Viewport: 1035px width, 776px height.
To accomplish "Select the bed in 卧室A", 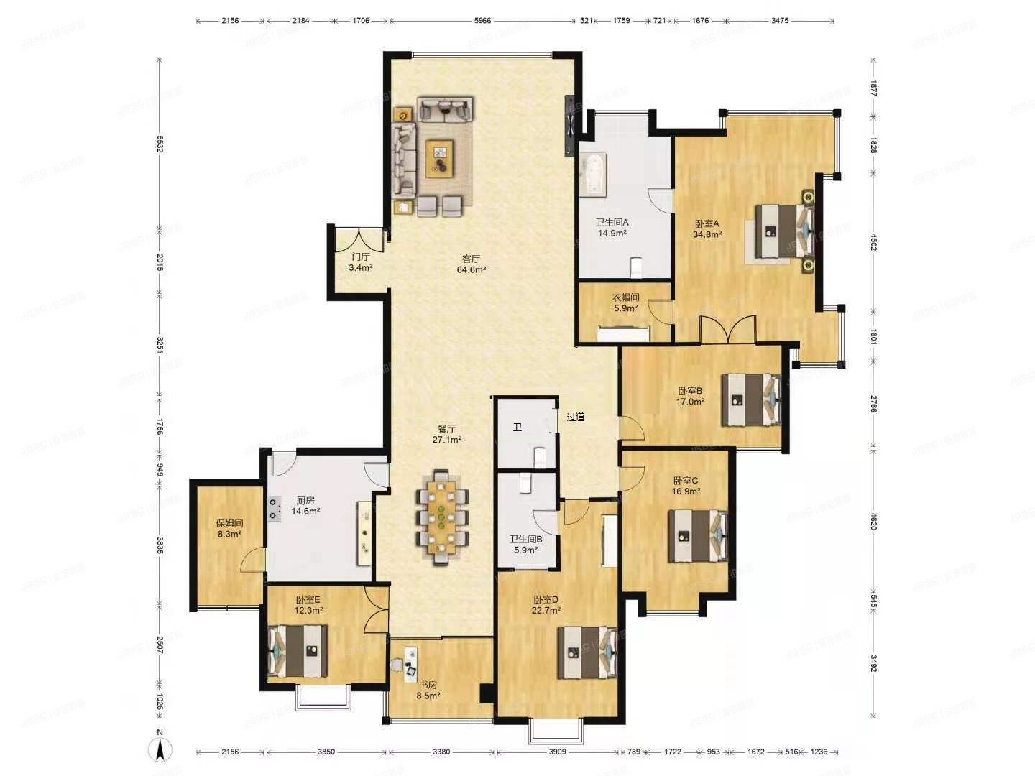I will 785,230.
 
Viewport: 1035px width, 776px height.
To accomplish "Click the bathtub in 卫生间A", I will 593,174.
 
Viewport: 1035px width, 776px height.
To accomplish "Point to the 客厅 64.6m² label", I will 471,264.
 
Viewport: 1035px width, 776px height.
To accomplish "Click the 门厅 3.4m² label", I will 360,262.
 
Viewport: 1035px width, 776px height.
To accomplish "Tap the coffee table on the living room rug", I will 440,157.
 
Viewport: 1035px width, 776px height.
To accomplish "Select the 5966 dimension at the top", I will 482,21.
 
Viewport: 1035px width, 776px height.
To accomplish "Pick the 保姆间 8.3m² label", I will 229,529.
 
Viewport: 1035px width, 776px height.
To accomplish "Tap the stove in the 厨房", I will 274,509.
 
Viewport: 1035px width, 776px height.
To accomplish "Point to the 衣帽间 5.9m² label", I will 625,302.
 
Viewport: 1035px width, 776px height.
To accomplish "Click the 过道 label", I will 575,417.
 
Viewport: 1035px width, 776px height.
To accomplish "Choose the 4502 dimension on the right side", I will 873,241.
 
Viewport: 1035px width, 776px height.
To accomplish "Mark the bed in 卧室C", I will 698,535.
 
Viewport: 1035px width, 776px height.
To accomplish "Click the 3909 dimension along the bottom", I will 557,752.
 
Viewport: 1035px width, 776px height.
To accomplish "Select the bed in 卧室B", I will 752,399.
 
